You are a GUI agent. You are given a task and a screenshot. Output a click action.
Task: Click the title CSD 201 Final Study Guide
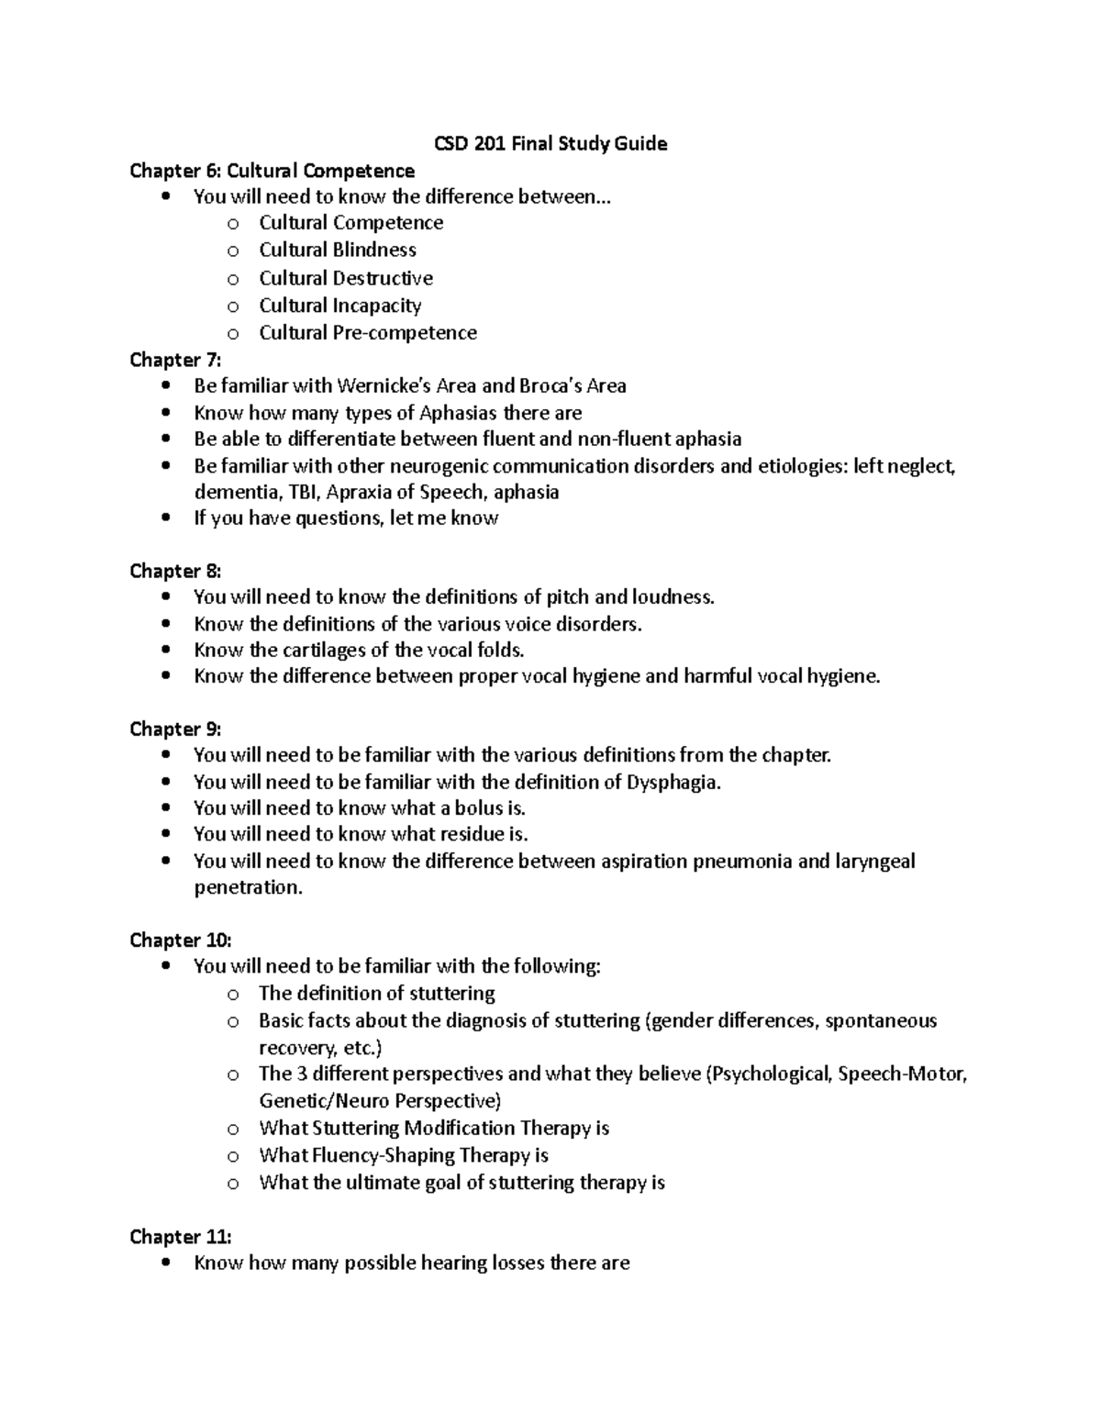click(x=550, y=143)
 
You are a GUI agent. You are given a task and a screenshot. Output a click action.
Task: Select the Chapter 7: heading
click(x=175, y=360)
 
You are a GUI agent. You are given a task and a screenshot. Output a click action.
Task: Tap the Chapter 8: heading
click(x=175, y=571)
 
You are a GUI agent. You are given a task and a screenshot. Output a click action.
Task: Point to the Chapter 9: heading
click(x=175, y=729)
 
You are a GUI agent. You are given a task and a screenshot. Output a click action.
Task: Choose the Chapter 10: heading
click(x=180, y=940)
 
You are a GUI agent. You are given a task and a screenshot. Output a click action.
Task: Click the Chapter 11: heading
click(x=180, y=1237)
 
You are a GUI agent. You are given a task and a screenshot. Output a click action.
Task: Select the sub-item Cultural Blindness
click(x=337, y=250)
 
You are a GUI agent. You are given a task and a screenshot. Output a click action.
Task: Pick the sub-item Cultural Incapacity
click(x=339, y=306)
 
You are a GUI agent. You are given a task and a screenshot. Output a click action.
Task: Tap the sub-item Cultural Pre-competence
click(x=367, y=332)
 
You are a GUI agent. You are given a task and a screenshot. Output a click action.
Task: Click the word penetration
click(x=247, y=888)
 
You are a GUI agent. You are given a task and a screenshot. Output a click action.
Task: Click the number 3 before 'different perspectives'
click(x=302, y=1074)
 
